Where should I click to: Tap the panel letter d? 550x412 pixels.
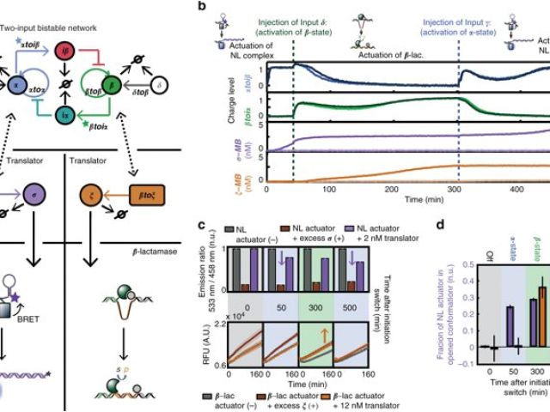point(439,226)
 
